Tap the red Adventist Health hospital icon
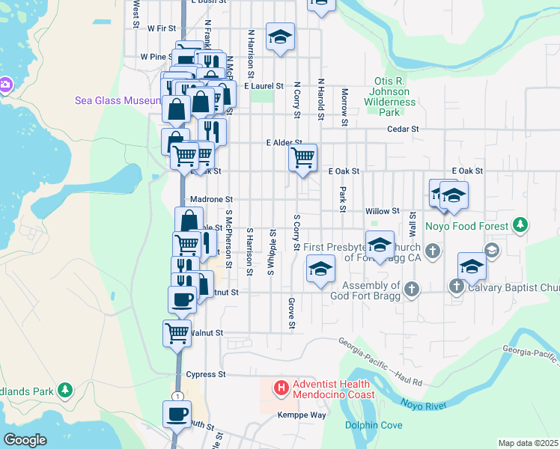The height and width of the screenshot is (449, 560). pyautogui.click(x=281, y=388)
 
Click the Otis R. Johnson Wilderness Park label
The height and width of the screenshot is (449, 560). pyautogui.click(x=389, y=97)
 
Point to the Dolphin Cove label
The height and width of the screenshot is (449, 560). pyautogui.click(x=374, y=426)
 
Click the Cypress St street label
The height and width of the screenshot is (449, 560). pyautogui.click(x=206, y=374)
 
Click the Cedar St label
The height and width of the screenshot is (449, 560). pyautogui.click(x=403, y=129)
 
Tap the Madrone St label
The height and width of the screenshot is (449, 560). pyautogui.click(x=212, y=200)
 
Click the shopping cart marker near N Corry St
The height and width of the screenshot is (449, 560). pyautogui.click(x=302, y=158)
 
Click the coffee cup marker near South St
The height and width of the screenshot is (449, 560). pyautogui.click(x=177, y=414)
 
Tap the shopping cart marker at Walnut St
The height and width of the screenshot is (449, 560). pyautogui.click(x=177, y=333)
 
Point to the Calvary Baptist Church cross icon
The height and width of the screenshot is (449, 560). pyautogui.click(x=457, y=287)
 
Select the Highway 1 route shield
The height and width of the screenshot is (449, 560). pyautogui.click(x=177, y=395)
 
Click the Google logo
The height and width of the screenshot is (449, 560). pyautogui.click(x=25, y=440)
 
